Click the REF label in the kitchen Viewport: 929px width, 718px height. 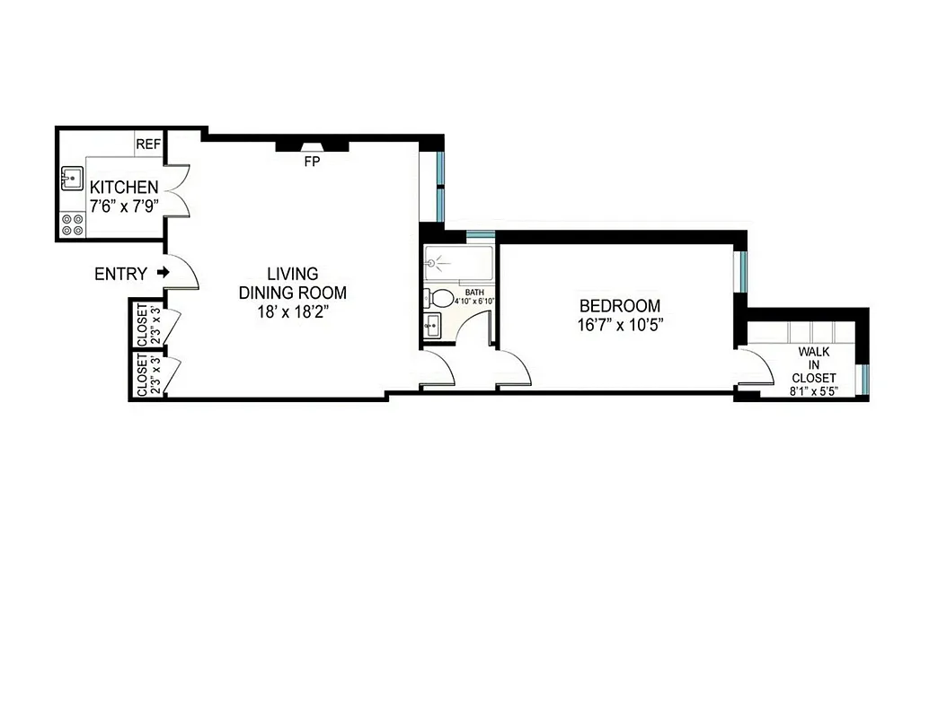pyautogui.click(x=147, y=144)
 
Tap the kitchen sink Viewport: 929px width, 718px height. pyautogui.click(x=72, y=177)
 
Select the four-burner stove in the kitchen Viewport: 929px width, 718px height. pyautogui.click(x=72, y=225)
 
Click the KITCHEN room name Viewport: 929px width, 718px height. pyautogui.click(x=124, y=188)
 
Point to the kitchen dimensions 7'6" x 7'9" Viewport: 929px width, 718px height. pyautogui.click(x=124, y=205)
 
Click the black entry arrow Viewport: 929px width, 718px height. pyautogui.click(x=163, y=272)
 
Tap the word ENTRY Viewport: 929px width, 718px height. pyautogui.click(x=120, y=275)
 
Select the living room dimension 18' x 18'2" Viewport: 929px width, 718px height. pyautogui.click(x=291, y=311)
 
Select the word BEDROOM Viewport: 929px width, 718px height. pyautogui.click(x=619, y=306)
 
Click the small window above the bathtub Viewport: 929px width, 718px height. pyautogui.click(x=480, y=236)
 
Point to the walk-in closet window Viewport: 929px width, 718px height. pyautogui.click(x=864, y=380)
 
